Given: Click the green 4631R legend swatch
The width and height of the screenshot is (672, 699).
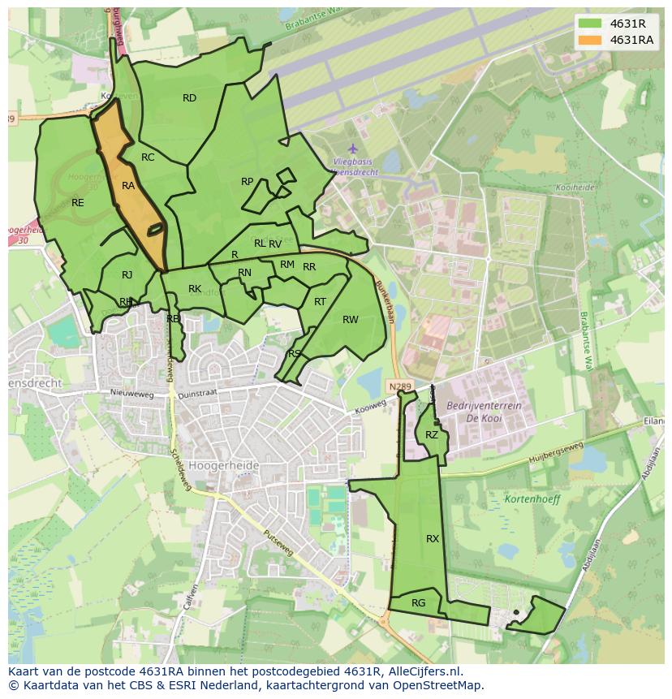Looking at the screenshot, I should (590, 24).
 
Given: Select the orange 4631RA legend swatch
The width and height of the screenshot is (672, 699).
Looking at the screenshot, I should (590, 40).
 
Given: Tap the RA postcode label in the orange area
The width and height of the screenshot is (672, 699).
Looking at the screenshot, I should (128, 186).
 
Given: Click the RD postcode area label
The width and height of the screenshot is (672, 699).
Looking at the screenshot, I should (189, 98).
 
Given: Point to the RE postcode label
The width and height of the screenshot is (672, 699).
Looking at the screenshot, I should (78, 203).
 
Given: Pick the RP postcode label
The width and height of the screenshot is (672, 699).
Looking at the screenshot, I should (248, 182).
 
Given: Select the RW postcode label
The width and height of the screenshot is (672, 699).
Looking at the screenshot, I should (350, 320).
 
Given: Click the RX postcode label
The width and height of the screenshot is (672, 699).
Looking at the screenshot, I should (433, 539).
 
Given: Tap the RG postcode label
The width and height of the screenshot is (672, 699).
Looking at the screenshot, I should (418, 603).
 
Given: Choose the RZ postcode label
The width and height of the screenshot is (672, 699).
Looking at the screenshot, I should (432, 435).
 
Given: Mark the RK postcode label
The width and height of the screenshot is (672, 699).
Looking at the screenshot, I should (195, 289).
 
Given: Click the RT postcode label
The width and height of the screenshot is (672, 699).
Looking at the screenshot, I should (320, 302).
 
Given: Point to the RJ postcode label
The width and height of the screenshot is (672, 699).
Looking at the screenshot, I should (127, 275).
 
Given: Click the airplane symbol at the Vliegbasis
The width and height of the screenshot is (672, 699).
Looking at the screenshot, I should (352, 149).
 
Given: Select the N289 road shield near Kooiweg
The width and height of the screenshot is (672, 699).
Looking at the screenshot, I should (395, 386).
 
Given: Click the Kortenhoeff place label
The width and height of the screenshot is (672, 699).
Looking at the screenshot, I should (532, 499).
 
